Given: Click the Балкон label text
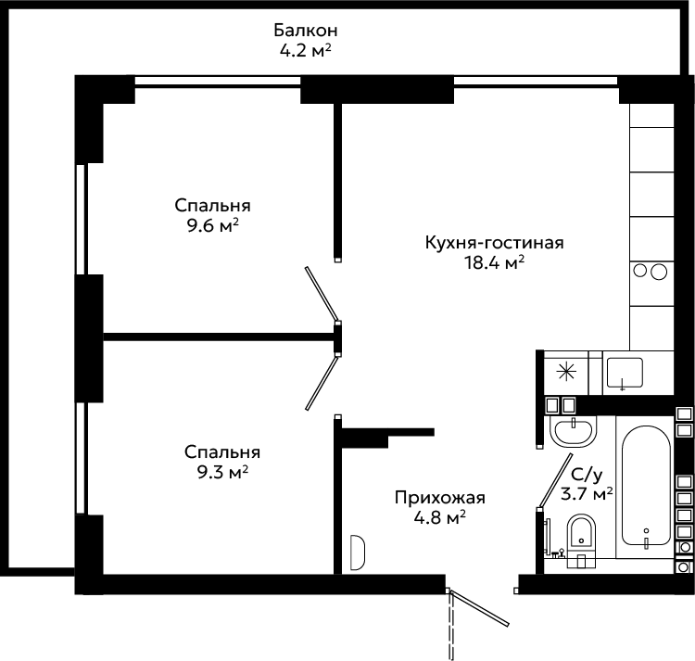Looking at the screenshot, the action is tap(306, 31).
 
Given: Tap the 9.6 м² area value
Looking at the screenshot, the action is tap(213, 225).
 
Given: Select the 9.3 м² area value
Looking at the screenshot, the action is tap(222, 473).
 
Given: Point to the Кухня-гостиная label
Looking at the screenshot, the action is tap(494, 243).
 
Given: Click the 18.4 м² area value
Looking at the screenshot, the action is tap(494, 263).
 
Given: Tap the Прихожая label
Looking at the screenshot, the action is tap(439, 498).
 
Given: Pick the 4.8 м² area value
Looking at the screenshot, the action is tap(439, 517).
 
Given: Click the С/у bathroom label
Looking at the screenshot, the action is tap(587, 475).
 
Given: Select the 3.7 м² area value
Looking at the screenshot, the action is tap(587, 493).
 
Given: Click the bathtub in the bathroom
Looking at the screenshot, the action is tap(645, 485).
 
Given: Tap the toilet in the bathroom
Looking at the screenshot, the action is tap(581, 540).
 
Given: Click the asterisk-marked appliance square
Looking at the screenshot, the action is tap(566, 373).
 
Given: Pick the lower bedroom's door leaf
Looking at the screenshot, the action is tap(322, 383).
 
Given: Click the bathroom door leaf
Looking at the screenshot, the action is tap(555, 480).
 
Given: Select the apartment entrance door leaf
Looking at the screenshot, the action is tap(479, 606).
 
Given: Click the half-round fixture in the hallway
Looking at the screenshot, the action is tap(358, 553).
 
